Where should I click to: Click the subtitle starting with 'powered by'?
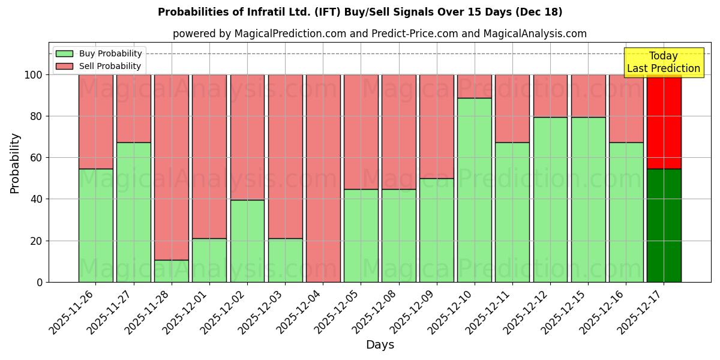379,34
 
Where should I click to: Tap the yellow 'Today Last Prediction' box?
663,62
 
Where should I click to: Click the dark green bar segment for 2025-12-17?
664,226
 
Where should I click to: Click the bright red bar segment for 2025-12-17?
664,122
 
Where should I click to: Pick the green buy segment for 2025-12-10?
474,190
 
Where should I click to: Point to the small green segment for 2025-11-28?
172,271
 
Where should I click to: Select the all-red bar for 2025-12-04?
323,178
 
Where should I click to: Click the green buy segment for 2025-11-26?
96,226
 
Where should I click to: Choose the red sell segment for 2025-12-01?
209,156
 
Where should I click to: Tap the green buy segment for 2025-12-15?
588,199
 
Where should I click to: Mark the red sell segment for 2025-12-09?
436,126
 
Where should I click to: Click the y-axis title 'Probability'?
15,163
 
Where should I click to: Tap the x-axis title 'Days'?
379,345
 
